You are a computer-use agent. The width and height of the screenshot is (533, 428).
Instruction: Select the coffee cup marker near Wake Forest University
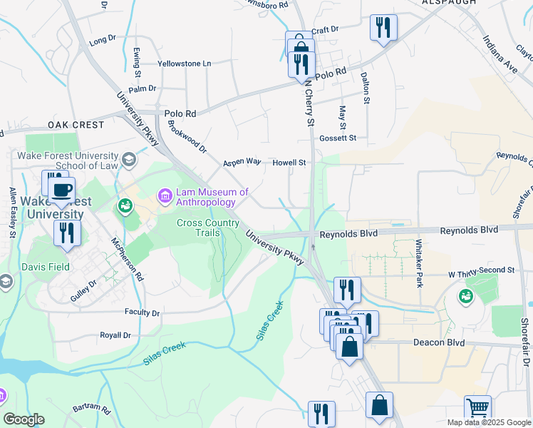tap(62, 190)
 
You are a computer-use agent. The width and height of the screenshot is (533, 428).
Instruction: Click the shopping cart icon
tap(477, 409)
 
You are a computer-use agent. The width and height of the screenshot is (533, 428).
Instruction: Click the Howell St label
tap(289, 163)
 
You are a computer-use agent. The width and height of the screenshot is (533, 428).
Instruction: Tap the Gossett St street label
tap(338, 138)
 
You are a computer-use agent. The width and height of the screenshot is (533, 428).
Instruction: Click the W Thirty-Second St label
tap(481, 271)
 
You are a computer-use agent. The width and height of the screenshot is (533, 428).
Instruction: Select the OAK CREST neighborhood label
tap(76, 125)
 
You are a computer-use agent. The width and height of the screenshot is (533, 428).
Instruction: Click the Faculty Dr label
tap(141, 312)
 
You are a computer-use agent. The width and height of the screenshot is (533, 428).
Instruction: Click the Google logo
tap(24, 419)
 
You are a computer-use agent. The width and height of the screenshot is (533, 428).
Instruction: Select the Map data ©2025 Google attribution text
tap(488, 422)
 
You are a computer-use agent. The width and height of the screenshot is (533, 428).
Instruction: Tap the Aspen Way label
tap(242, 162)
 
